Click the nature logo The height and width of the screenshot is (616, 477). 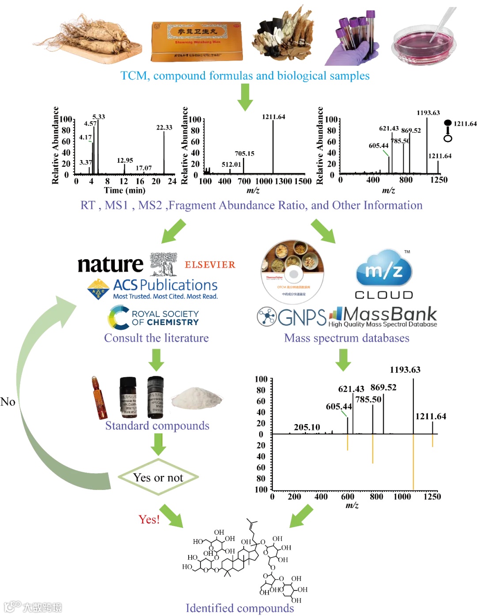(x=110, y=264)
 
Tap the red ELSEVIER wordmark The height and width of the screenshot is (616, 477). (x=210, y=265)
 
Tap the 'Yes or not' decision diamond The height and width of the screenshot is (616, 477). (x=158, y=478)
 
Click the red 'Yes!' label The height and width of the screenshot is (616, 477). (x=149, y=519)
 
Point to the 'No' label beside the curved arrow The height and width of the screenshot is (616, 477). (x=8, y=402)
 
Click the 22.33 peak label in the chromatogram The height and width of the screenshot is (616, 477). (x=164, y=127)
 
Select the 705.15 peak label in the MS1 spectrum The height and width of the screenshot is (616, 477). (x=244, y=153)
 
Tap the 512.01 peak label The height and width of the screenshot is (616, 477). (x=231, y=165)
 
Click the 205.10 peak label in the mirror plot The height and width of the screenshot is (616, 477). (x=307, y=427)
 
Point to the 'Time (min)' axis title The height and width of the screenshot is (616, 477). (x=125, y=190)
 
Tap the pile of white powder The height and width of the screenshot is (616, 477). (x=196, y=398)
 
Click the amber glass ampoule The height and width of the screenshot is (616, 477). (x=99, y=398)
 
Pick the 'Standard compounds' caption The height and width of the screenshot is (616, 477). (x=157, y=425)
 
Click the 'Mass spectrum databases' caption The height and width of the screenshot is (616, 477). (x=347, y=338)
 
